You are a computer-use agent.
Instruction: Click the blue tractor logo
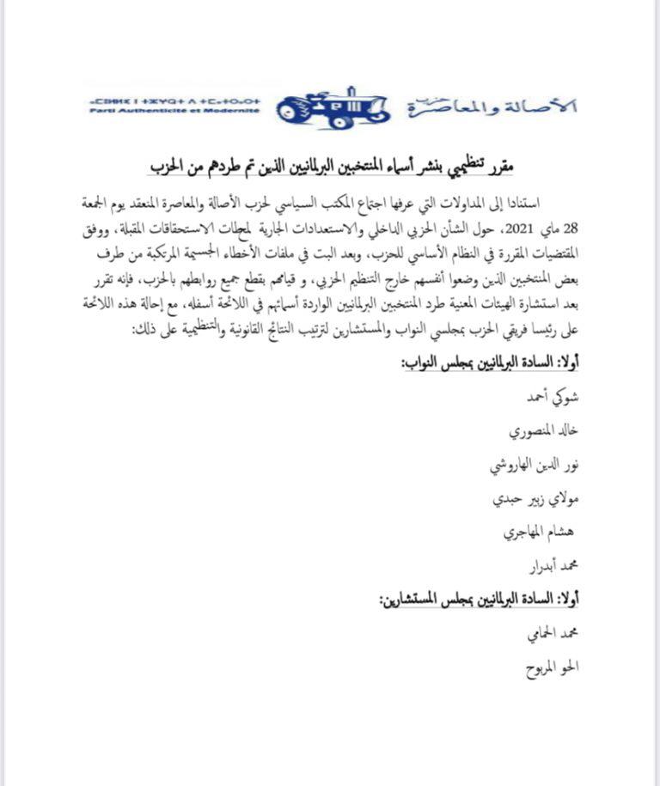334,109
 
